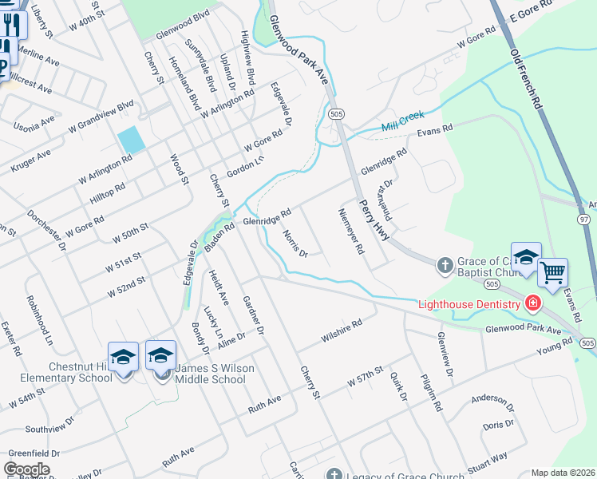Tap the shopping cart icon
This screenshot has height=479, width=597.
coord(552,273)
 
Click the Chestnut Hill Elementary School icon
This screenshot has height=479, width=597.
coord(124,357)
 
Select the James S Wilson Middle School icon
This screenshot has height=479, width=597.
coord(160,356)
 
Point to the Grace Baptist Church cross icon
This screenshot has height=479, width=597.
coord(445,263)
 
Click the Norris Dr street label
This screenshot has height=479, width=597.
coord(295,243)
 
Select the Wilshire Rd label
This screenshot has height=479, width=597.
coord(342,330)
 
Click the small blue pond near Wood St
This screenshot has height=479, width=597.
coord(131,140)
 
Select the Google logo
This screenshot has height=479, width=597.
coord(26,469)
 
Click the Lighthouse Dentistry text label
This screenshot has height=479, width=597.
coord(471,304)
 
